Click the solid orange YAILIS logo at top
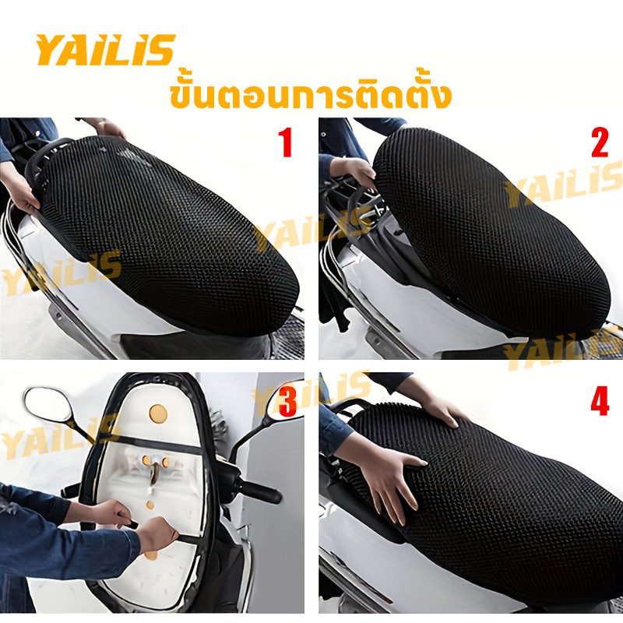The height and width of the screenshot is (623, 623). click(105, 50)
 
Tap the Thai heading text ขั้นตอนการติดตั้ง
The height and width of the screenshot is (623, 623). click(311, 95)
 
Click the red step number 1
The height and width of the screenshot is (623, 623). click(286, 143)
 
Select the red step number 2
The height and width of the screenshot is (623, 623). click(600, 143)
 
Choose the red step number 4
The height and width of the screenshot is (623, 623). click(600, 401)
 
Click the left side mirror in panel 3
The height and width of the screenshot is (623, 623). click(48, 405)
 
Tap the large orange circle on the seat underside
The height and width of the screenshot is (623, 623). click(158, 414)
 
